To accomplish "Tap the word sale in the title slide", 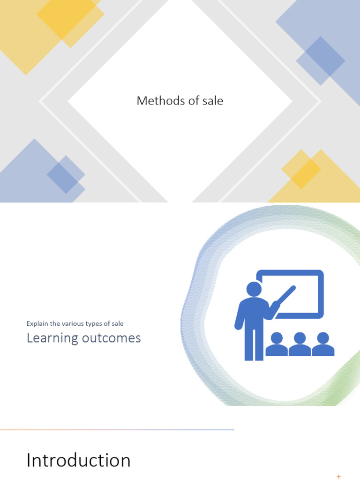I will tap(213, 100).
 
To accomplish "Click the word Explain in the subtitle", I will tap(37, 323).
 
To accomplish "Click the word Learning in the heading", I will tap(52, 338).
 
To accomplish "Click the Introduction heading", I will tap(78, 460).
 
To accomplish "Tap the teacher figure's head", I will tap(254, 289).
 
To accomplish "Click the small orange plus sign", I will tap(339, 477).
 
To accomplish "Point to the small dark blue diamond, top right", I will tap(321, 60).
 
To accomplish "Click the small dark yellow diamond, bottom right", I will tap(301, 169).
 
